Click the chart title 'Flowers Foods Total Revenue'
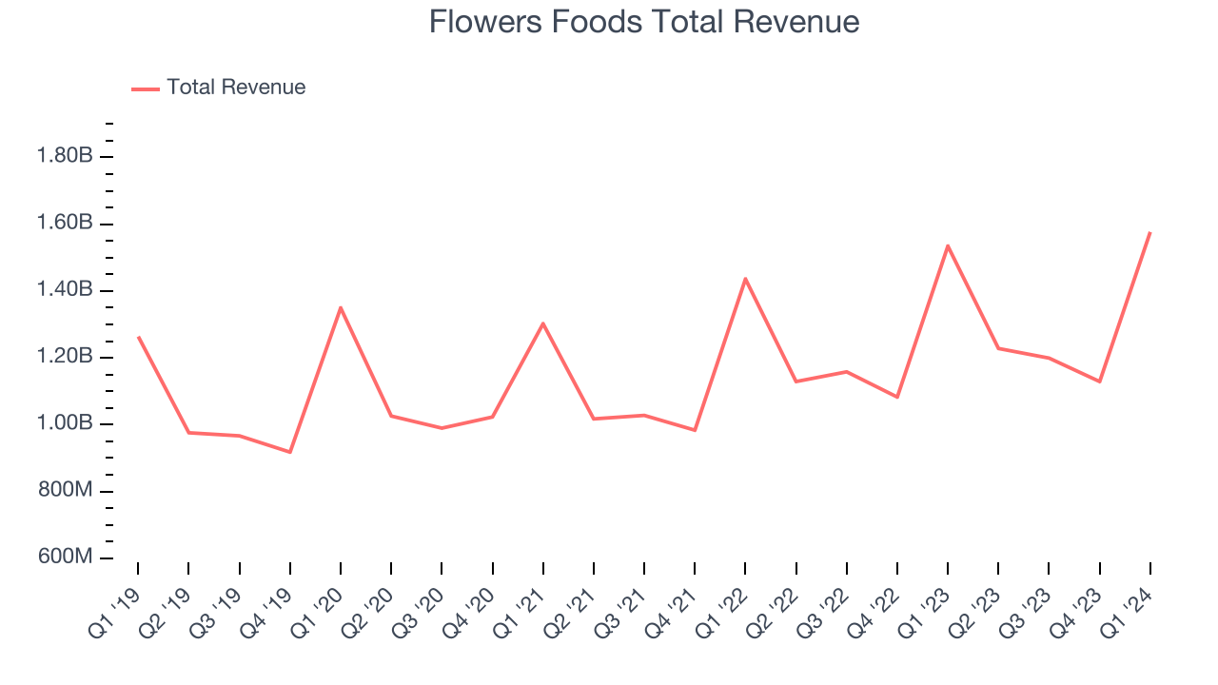point(644,22)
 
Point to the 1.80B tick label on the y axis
point(65,156)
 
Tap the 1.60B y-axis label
point(65,224)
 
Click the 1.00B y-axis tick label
point(65,423)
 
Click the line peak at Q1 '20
point(341,307)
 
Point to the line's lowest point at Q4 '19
point(290,452)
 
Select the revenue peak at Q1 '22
point(745,278)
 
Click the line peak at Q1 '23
point(948,245)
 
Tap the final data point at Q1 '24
point(1149,232)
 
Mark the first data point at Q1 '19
point(139,337)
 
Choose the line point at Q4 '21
point(695,430)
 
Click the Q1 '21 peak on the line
point(543,323)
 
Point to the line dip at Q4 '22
point(897,397)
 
